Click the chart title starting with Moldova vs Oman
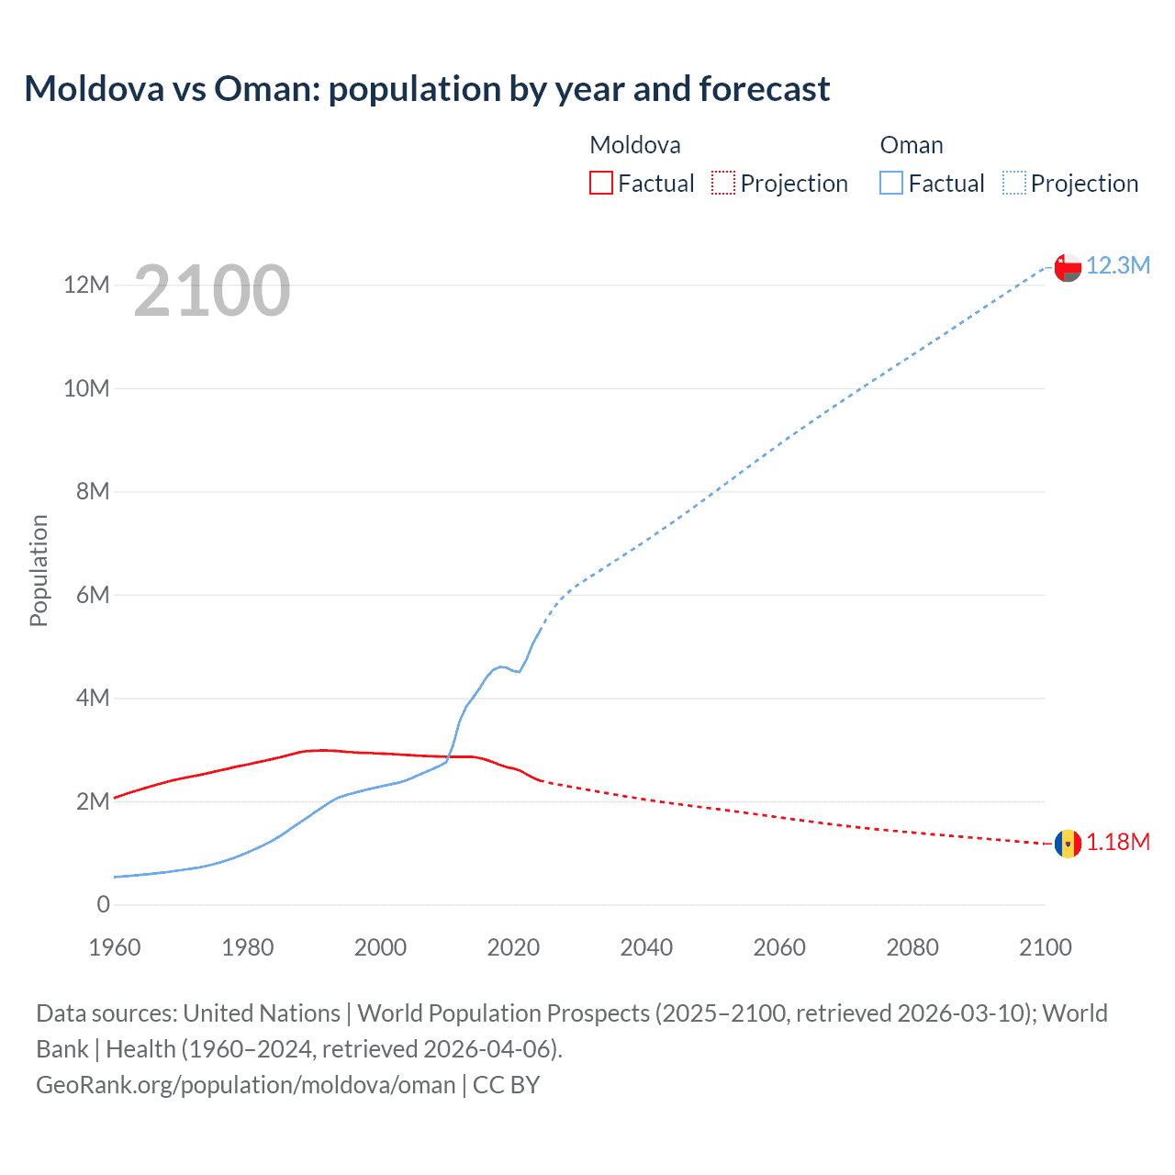click(427, 89)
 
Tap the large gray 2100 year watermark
click(212, 291)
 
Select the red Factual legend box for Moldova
click(600, 184)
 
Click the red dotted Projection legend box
click(723, 184)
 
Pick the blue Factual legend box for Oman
click(891, 184)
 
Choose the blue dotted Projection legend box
click(1014, 184)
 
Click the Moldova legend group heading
click(635, 145)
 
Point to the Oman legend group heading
click(912, 145)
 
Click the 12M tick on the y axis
click(86, 285)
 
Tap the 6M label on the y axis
click(92, 595)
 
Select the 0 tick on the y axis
click(103, 904)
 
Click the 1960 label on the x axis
click(115, 947)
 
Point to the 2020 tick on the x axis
click(513, 947)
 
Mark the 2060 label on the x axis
click(779, 947)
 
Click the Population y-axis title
click(39, 570)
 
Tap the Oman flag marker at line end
click(1068, 267)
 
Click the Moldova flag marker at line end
click(1068, 843)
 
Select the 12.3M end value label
click(1118, 266)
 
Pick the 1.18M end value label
click(1118, 843)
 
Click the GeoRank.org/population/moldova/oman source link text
click(246, 1085)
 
